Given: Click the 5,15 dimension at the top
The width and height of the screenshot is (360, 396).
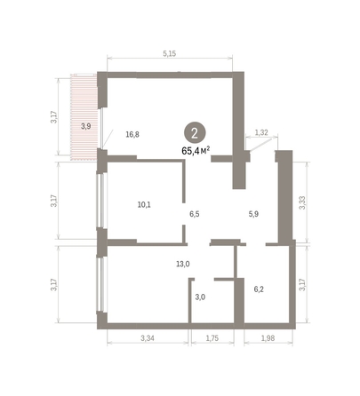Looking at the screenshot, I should coord(169,54).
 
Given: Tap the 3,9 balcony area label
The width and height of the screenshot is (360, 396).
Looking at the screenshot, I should coord(85,126).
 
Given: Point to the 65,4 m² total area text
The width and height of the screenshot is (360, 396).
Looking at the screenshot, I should coord(196,151).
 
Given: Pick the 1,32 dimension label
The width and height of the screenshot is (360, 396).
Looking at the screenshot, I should coord(261,132).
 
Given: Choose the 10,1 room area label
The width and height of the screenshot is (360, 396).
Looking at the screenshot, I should coord(144,204).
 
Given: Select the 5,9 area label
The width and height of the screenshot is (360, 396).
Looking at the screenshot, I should coord(253,214).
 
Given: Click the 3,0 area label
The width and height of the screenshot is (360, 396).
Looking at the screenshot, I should coord(200,297).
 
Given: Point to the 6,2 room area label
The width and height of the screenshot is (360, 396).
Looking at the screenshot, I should coord(260,289).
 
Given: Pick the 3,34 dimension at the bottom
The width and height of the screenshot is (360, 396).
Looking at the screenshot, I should coord(148,338).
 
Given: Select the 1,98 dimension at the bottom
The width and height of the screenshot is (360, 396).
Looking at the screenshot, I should coord(268,338).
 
